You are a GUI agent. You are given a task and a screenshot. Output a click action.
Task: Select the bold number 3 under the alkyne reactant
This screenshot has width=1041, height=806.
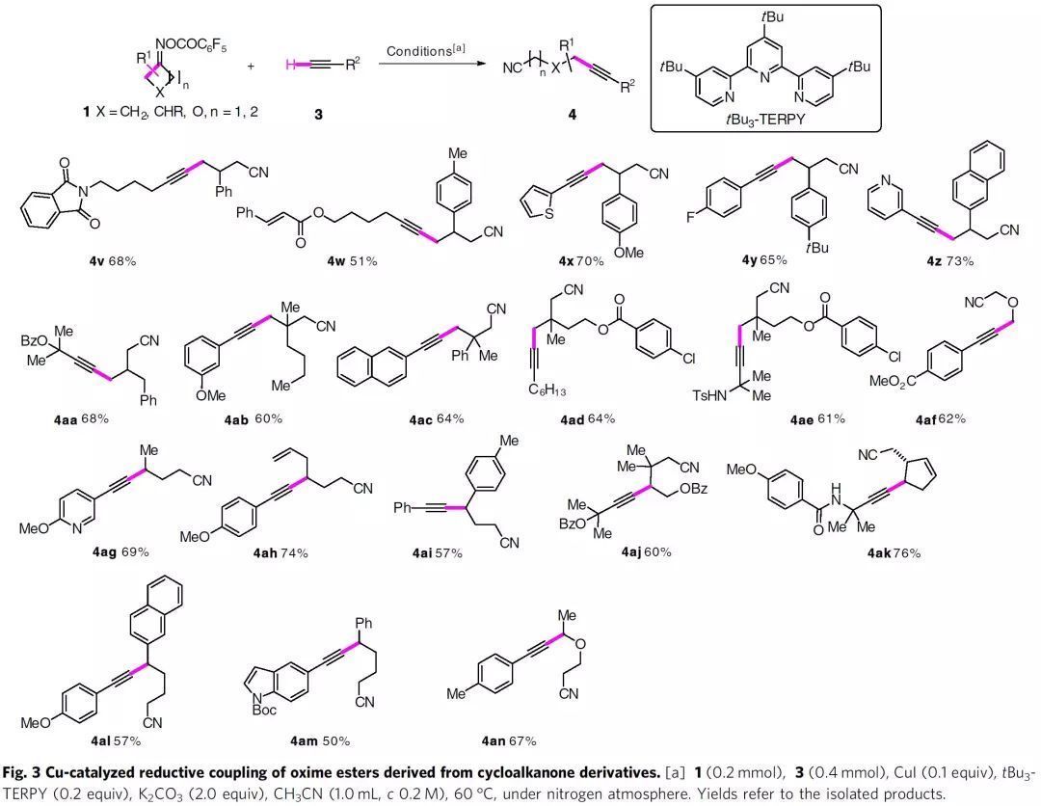(x=318, y=114)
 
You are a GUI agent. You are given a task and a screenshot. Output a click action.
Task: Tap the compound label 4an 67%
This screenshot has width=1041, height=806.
(x=507, y=740)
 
